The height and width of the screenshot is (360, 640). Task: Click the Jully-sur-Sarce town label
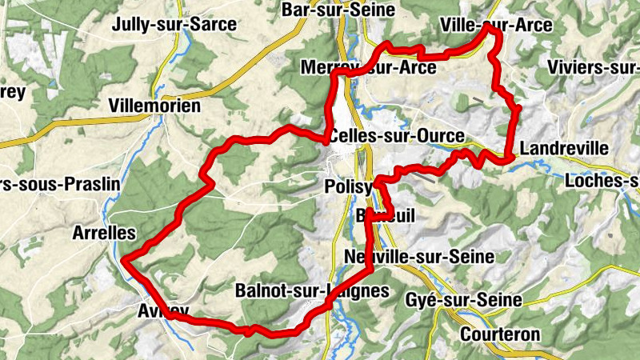(175, 24)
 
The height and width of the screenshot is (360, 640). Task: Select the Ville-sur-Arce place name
(496, 26)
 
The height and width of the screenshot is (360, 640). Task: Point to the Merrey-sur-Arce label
(368, 68)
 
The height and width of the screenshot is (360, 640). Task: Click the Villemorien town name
(154, 106)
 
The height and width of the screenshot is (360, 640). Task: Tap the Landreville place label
(564, 149)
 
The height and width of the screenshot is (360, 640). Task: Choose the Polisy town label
(350, 186)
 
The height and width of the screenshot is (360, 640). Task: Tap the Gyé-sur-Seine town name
(475, 300)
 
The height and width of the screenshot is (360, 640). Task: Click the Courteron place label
(501, 333)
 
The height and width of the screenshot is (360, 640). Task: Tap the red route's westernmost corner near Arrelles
(126, 258)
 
